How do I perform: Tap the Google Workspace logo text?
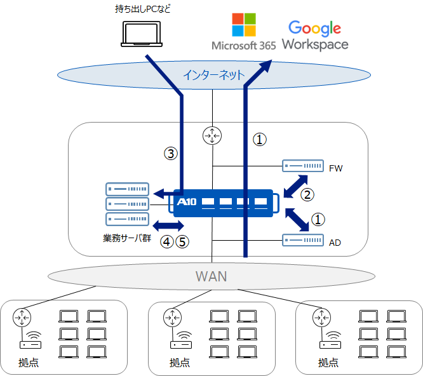(x=315, y=36)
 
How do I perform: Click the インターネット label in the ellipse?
(x=213, y=75)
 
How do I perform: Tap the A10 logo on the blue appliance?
(x=188, y=203)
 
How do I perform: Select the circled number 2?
(x=307, y=194)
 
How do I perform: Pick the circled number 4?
(x=167, y=242)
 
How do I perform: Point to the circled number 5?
(x=182, y=242)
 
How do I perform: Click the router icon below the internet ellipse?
(x=211, y=135)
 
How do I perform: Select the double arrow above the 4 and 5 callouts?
(x=169, y=225)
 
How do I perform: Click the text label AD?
(x=335, y=242)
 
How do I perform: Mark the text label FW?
(x=335, y=169)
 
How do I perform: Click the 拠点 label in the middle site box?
(x=180, y=363)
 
